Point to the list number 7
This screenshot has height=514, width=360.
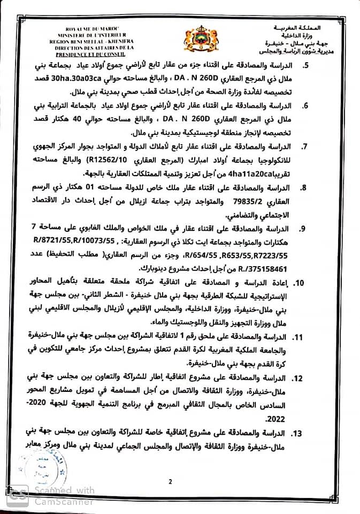click(305, 146)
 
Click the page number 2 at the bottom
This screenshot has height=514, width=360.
click(170, 481)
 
